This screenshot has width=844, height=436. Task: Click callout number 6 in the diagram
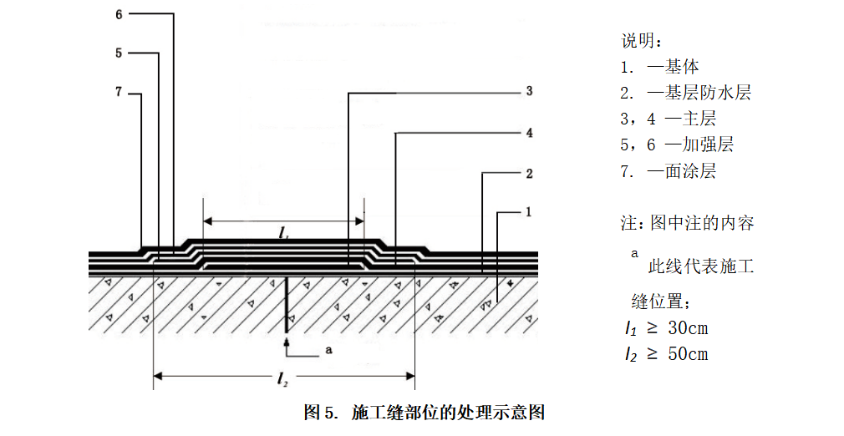[x=119, y=13]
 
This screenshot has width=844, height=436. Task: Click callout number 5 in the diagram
[x=119, y=53]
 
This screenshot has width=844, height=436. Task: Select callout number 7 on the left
[x=119, y=92]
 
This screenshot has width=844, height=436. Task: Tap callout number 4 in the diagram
[x=529, y=133]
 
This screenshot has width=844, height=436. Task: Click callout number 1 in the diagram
[x=529, y=212]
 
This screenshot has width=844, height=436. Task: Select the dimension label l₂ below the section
[x=283, y=381]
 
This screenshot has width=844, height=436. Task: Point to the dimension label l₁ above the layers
[x=284, y=235]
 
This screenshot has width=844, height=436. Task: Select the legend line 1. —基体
[x=659, y=66]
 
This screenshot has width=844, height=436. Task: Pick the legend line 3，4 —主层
[x=668, y=119]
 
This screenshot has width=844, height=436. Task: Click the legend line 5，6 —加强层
[x=676, y=144]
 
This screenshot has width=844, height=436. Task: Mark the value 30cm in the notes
[x=688, y=328]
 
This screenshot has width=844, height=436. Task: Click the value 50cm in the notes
[x=688, y=354]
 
